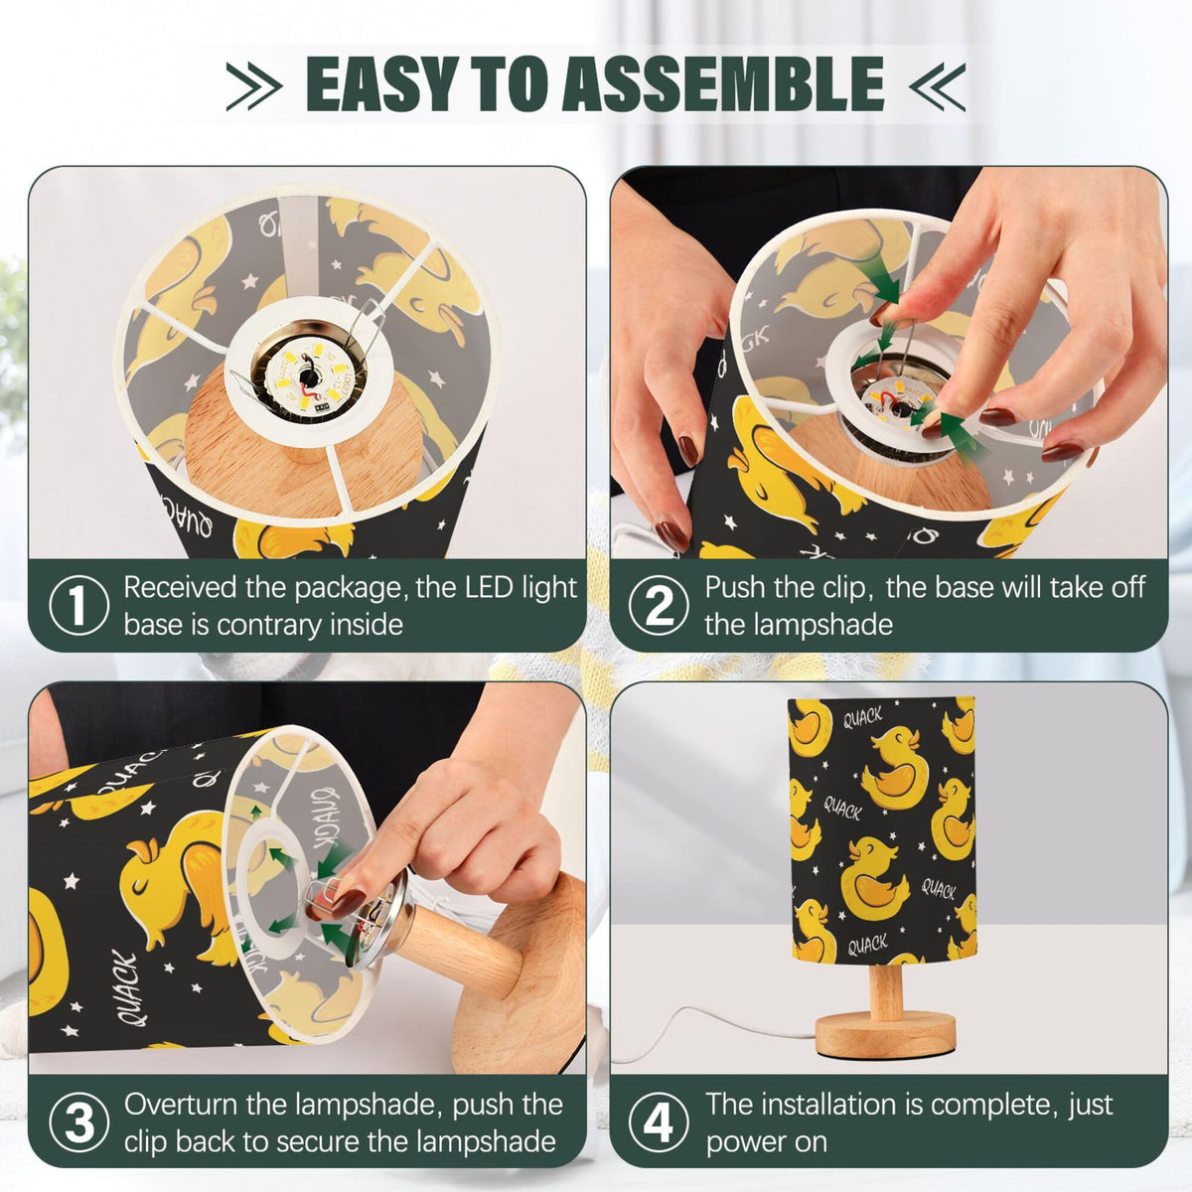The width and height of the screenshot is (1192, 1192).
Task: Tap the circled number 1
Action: [77, 606]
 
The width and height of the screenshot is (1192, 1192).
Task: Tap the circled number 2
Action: [659, 606]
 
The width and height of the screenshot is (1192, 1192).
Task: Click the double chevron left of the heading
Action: [254, 86]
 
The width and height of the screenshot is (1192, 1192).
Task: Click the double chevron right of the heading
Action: [937, 86]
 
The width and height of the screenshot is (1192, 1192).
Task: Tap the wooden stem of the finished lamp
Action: [886, 993]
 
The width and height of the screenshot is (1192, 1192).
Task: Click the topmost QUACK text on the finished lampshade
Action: [862, 718]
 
